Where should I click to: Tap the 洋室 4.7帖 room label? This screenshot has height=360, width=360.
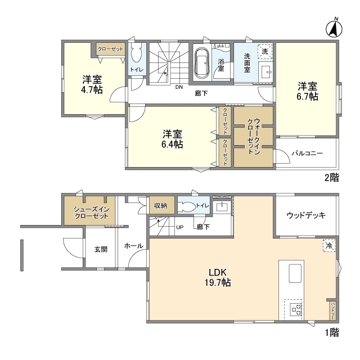pyautogui.click(x=91, y=84)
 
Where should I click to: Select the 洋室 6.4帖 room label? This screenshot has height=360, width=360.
pyautogui.click(x=172, y=139)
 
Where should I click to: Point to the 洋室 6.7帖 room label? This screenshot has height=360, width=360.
pyautogui.click(x=307, y=91)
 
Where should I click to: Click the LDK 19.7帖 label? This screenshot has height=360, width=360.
pyautogui.click(x=219, y=277)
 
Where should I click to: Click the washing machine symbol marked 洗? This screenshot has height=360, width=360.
pyautogui.click(x=265, y=51)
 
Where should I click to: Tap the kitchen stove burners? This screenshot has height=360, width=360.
pyautogui.click(x=295, y=308)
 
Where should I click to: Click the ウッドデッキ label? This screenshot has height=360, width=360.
pyautogui.click(x=306, y=215)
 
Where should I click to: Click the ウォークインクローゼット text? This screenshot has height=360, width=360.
pyautogui.click(x=253, y=136)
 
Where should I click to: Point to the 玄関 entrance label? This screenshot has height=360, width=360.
pyautogui.click(x=101, y=249)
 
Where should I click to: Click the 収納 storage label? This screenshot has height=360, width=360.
pyautogui.click(x=161, y=206)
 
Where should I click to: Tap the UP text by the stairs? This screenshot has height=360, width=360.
pyautogui.click(x=179, y=228)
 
